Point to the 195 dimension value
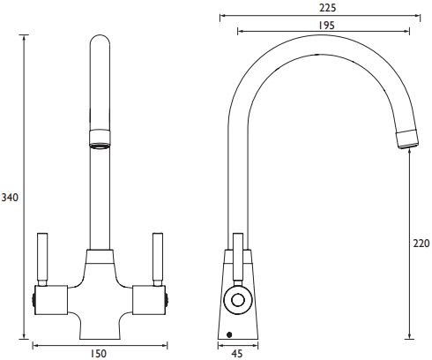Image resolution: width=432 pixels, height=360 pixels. point(327,26)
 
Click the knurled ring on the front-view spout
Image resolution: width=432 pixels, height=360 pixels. point(101,138)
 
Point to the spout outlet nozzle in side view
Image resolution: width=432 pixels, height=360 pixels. point(406,139)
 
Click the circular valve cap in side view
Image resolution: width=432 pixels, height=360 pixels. point(238,301)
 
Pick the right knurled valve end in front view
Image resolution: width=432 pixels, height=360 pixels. point(166,301)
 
